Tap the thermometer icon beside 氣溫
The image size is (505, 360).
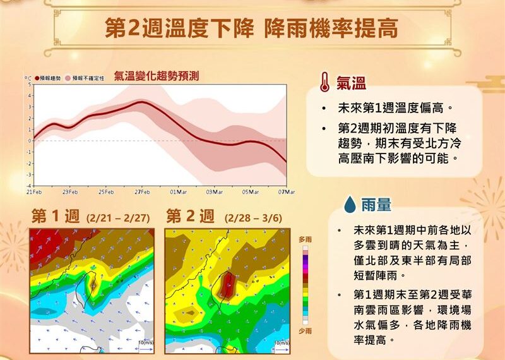point(324,83)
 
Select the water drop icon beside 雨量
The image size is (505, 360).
point(349,204)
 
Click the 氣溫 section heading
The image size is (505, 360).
point(351,83)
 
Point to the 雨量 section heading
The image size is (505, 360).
point(376,204)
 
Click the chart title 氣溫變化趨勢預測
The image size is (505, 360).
point(157,76)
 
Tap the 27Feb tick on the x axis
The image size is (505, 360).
point(142,191)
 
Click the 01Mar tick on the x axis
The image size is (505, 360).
point(178,191)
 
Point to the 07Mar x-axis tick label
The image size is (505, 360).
point(287,191)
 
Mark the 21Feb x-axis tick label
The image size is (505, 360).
point(34,191)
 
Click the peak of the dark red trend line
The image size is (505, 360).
point(142,102)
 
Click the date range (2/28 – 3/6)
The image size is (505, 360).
point(252,218)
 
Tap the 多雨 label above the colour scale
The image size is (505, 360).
point(304,239)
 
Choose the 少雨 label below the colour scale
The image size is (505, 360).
point(304,330)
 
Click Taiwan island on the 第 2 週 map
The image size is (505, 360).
point(225,285)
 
